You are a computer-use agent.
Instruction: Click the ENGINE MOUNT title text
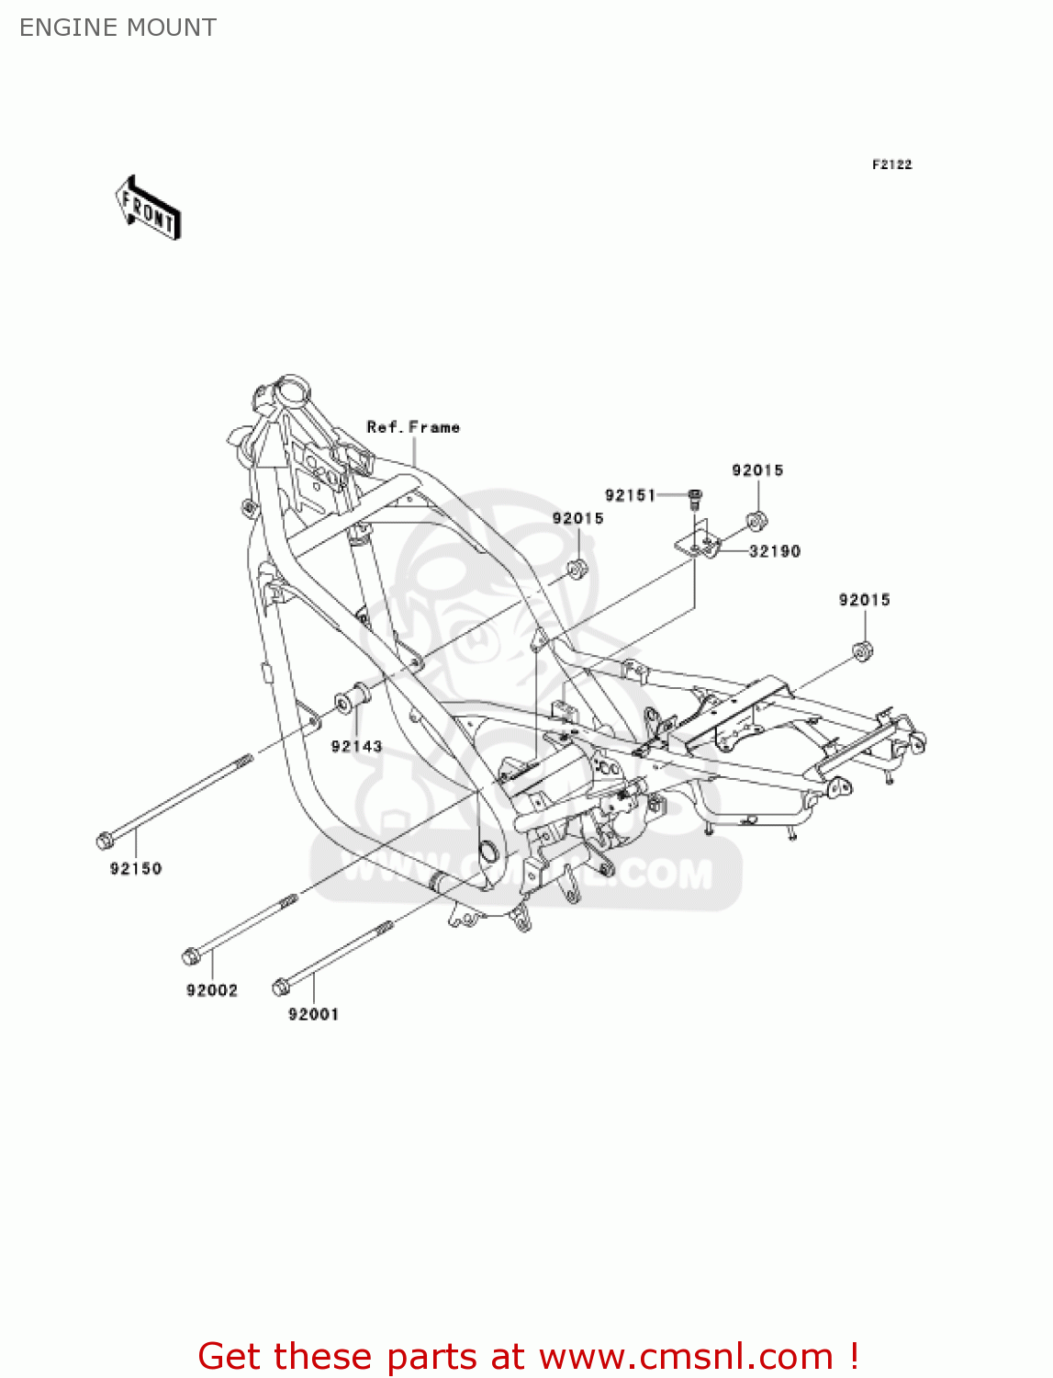pos(118,28)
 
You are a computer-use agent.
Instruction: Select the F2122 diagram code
pos(891,164)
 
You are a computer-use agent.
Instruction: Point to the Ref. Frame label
pos(413,427)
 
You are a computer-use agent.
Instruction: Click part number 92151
pos(630,495)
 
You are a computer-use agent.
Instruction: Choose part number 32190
pos(775,551)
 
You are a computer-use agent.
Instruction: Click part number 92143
pos(356,746)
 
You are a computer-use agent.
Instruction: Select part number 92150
pos(136,868)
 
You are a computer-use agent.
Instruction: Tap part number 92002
pos(212,990)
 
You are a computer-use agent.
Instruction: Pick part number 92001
pos(313,1014)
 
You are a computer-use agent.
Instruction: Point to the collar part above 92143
pos(352,699)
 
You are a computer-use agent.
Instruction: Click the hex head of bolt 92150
pos(105,840)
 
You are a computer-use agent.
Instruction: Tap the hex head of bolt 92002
pos(191,956)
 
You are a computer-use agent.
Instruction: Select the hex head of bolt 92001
pos(281,988)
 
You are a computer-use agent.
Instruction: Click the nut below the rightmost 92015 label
pos(863,651)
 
